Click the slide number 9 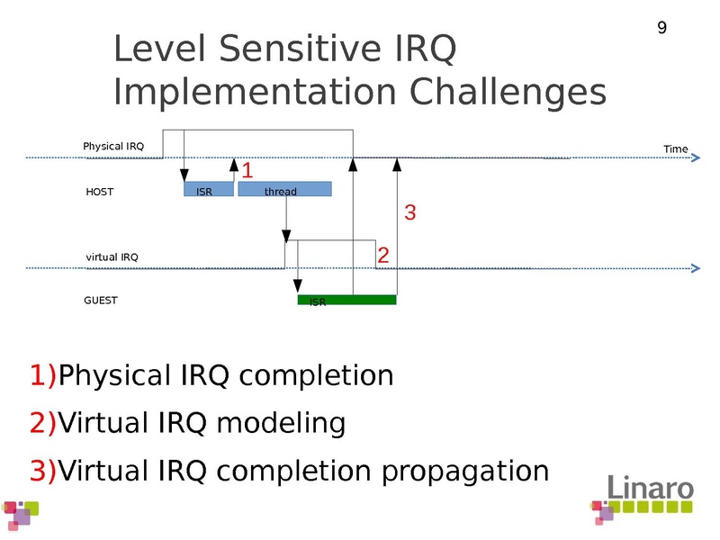click(662, 29)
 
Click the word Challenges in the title click(508, 92)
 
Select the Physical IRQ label click(113, 146)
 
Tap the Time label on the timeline click(675, 148)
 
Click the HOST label click(99, 192)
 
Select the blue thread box click(284, 190)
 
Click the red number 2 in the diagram click(383, 256)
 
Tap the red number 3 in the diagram click(409, 213)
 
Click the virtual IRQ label click(112, 257)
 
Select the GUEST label click(101, 301)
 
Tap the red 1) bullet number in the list click(43, 374)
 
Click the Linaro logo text click(649, 489)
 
